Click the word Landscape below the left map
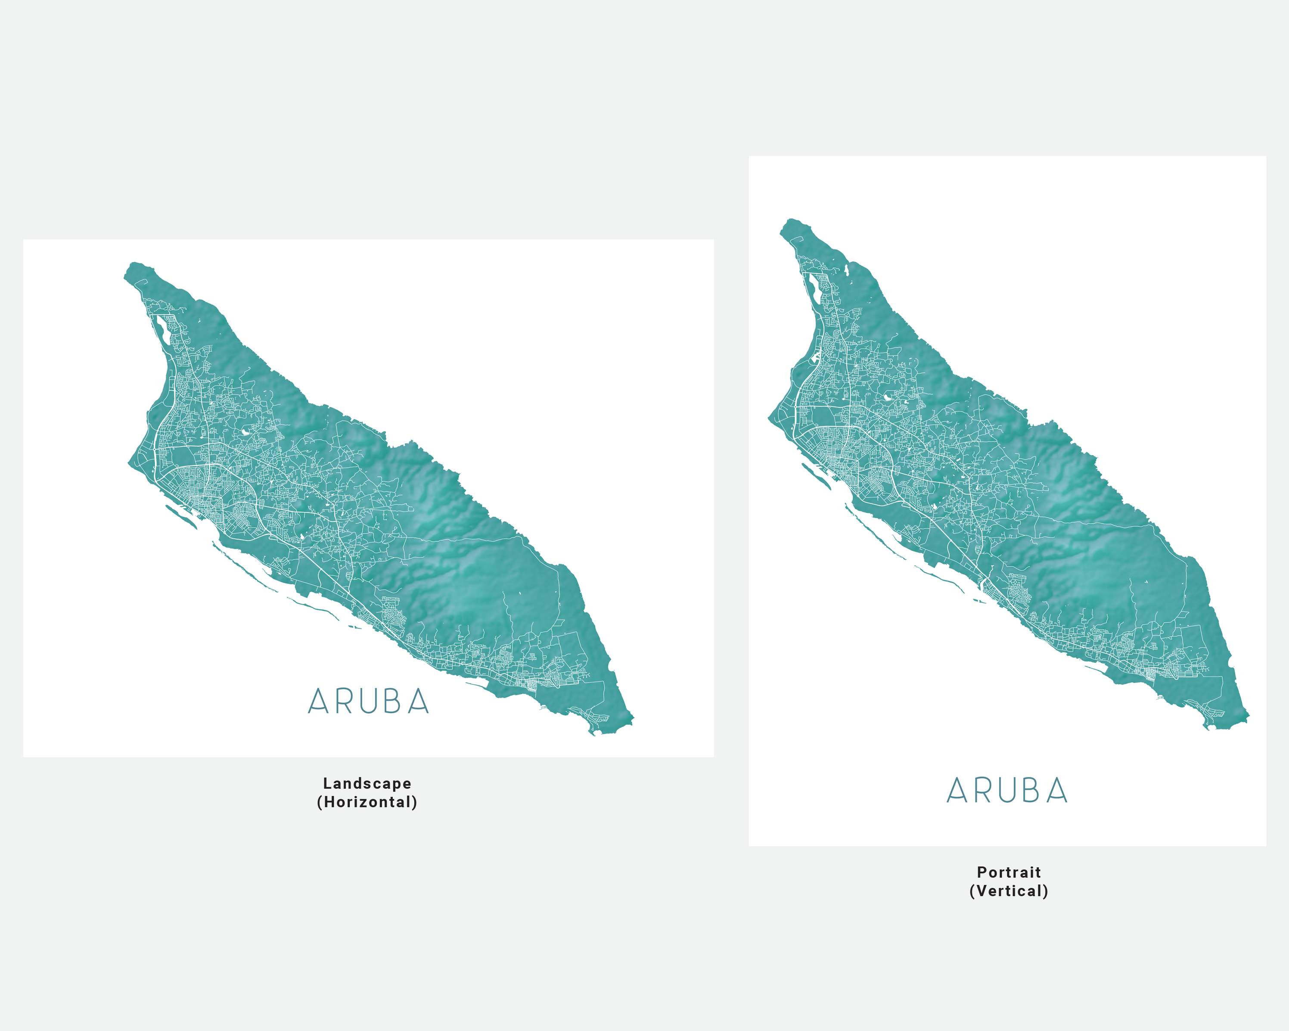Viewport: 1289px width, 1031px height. [367, 783]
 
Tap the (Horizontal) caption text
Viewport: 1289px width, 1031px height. [367, 802]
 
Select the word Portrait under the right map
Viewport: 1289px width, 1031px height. [1009, 872]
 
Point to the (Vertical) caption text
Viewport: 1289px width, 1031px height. [1009, 891]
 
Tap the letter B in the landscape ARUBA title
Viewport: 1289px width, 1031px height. [392, 702]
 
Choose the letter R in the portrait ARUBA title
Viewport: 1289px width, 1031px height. [983, 791]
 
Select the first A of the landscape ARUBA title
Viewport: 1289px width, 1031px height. [318, 702]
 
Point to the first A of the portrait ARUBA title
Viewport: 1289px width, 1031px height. [957, 791]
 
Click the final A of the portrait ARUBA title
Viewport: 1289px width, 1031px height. [1057, 791]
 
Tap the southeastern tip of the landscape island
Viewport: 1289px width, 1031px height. [631, 717]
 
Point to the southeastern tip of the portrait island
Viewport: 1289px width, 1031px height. [1247, 715]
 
